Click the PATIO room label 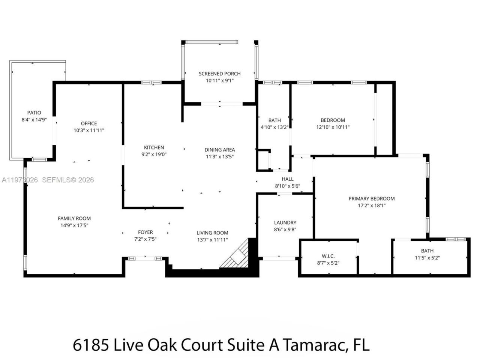34,113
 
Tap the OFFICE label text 89,123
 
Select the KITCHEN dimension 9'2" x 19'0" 154,154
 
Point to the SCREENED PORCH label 219,74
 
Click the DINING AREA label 219,150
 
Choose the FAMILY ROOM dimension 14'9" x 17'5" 74,225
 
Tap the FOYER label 145,232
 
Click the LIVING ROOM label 212,232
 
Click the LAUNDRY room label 285,222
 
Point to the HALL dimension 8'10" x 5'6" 288,186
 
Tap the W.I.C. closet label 328,256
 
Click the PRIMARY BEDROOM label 371,198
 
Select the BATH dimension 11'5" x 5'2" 427,258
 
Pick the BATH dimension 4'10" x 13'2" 274,127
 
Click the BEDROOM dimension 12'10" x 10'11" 333,127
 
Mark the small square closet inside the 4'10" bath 263,160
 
